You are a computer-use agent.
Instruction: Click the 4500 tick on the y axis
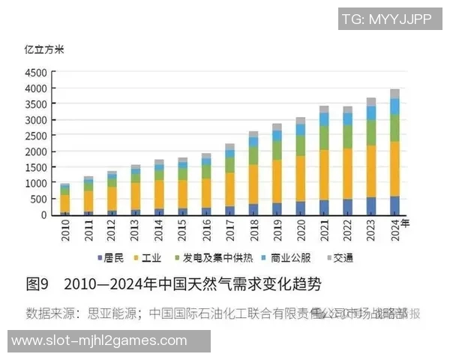point(35,73)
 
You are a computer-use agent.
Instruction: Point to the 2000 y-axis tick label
point(35,151)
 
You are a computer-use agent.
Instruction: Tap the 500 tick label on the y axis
point(37,199)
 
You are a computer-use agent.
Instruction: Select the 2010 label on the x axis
point(65,231)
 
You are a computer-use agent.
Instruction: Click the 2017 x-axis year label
point(230,231)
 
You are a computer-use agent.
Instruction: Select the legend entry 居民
point(112,258)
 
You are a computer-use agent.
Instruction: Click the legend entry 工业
point(148,258)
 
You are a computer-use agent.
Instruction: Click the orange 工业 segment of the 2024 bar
point(394,169)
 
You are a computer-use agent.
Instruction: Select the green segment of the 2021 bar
point(324,137)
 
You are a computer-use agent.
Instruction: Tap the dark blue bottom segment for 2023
point(371,206)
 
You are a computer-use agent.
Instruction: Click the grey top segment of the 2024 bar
point(394,94)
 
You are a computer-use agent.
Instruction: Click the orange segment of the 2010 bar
point(65,203)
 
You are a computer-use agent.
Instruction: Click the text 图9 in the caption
point(37,283)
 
